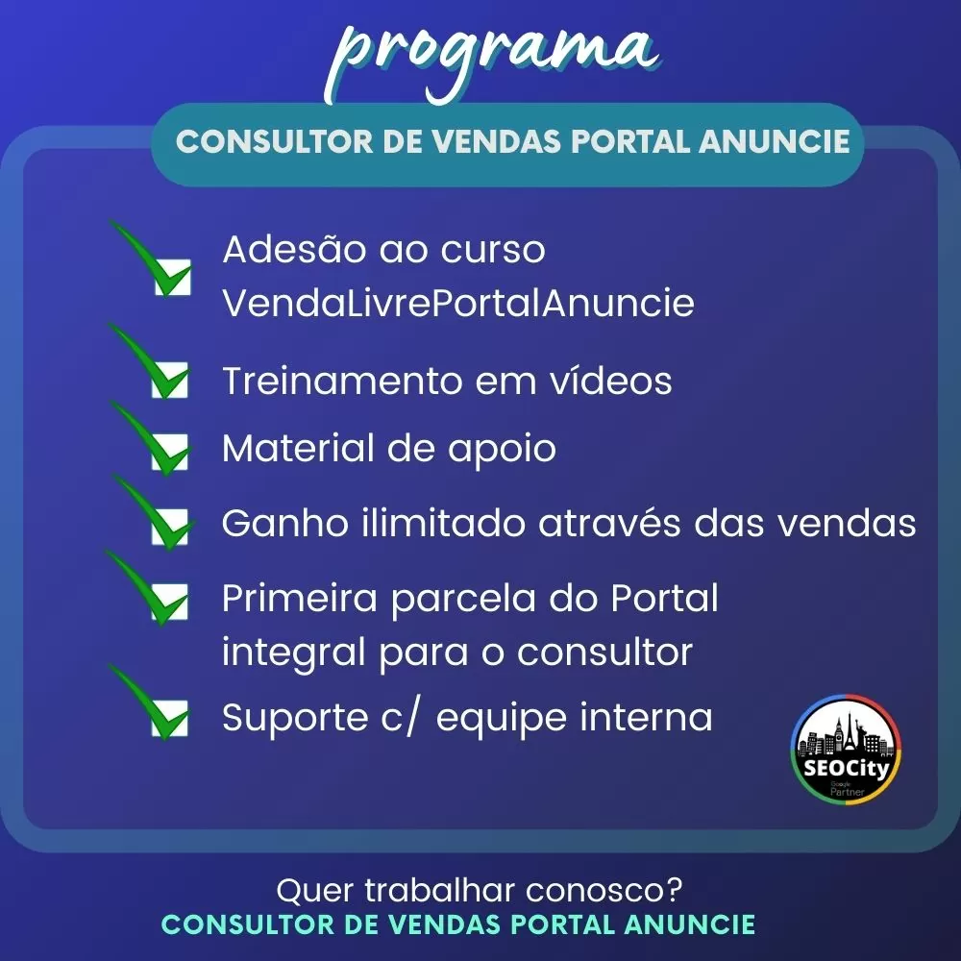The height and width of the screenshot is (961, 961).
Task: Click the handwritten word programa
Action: tap(492, 59)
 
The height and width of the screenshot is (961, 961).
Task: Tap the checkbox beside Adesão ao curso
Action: tap(172, 277)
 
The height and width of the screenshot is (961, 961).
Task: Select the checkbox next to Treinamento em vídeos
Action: tap(170, 380)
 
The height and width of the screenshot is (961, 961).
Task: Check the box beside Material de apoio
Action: tap(170, 453)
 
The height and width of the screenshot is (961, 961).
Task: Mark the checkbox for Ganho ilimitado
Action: tap(170, 526)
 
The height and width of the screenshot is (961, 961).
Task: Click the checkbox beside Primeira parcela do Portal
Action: tap(170, 602)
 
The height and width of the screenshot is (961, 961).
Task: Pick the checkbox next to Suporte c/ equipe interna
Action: tap(170, 718)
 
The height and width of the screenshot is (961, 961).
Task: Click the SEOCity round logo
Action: tap(846, 750)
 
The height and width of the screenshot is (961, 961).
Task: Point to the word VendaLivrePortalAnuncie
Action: tap(457, 303)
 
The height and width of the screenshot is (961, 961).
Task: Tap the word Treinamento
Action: tap(343, 381)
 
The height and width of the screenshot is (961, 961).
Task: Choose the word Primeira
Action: tap(299, 598)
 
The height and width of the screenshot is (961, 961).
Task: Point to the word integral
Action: tap(293, 653)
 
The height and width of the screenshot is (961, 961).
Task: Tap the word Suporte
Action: tap(295, 718)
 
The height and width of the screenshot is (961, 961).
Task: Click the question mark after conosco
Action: tap(674, 889)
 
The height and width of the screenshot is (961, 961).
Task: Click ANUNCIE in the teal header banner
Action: tap(774, 141)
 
